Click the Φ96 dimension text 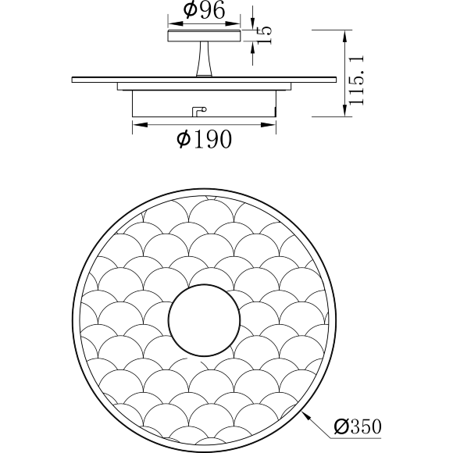point(205,10)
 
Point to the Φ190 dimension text point(205,140)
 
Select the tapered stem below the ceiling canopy point(205,59)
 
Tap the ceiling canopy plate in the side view point(205,34)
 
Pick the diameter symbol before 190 point(184,140)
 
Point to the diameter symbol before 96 point(190,10)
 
